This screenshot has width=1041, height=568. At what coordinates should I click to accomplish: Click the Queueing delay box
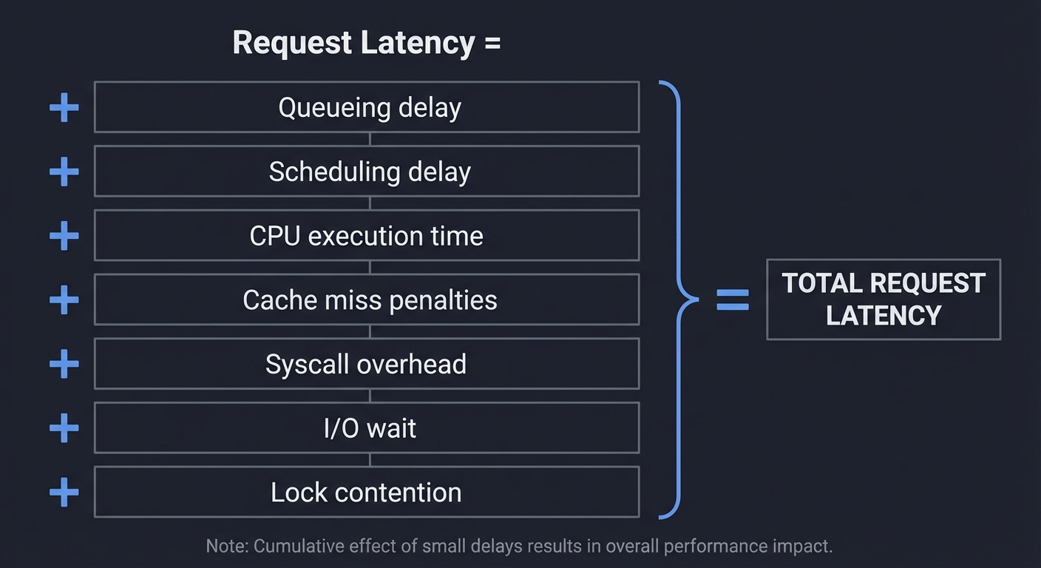pyautogui.click(x=367, y=107)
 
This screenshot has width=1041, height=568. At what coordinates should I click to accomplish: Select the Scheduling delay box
pyautogui.click(x=367, y=172)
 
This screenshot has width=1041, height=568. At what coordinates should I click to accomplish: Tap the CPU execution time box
pyautogui.click(x=367, y=236)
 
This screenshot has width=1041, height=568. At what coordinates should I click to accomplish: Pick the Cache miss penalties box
pyautogui.click(x=367, y=300)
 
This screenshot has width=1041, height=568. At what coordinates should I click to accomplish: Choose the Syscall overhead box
pyautogui.click(x=367, y=364)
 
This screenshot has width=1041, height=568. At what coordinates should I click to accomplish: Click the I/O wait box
pyautogui.click(x=367, y=428)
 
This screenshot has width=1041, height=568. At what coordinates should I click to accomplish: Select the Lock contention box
pyautogui.click(x=367, y=493)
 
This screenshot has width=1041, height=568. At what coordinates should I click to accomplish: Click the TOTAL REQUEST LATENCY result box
pyautogui.click(x=884, y=300)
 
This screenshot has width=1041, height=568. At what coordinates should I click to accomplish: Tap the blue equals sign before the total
pyautogui.click(x=733, y=300)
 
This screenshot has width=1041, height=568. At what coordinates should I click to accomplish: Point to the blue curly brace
pyautogui.click(x=679, y=300)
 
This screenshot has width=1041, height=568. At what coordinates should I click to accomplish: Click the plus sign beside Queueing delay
pyautogui.click(x=64, y=108)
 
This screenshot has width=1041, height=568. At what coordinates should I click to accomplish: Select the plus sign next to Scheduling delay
pyautogui.click(x=64, y=172)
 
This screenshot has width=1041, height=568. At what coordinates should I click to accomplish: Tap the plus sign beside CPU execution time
pyautogui.click(x=64, y=236)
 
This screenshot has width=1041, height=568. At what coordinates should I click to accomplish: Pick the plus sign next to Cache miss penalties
pyautogui.click(x=64, y=300)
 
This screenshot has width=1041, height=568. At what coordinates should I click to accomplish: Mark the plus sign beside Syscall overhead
pyautogui.click(x=64, y=364)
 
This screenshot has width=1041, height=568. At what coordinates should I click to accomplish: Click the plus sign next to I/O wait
pyautogui.click(x=64, y=428)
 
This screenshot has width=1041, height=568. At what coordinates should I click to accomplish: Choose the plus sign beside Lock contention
pyautogui.click(x=64, y=493)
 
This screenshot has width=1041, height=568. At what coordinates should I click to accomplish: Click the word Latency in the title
pyautogui.click(x=418, y=43)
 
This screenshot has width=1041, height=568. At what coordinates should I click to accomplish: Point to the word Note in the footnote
pyautogui.click(x=226, y=547)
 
